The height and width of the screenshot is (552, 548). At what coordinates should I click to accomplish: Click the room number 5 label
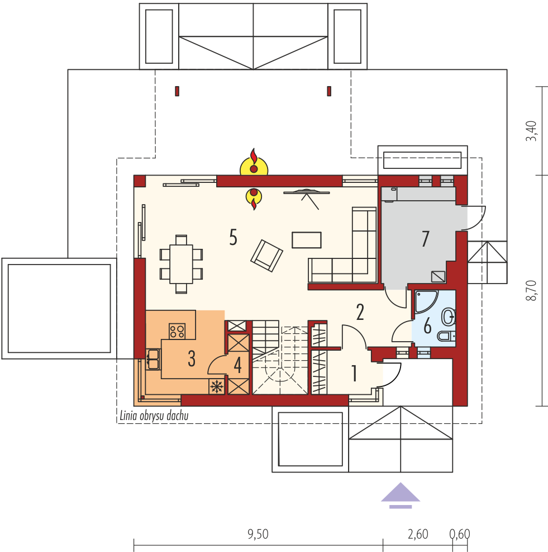[233, 238]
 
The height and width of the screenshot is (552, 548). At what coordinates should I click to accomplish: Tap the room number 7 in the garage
[425, 239]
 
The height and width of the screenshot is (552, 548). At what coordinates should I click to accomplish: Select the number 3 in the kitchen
[191, 359]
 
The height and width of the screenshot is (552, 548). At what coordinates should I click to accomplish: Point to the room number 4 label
[237, 366]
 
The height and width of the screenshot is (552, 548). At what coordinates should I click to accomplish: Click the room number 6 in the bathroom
[427, 325]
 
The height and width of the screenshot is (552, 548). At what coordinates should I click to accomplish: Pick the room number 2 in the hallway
[360, 312]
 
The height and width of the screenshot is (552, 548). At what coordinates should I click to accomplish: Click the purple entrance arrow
[400, 495]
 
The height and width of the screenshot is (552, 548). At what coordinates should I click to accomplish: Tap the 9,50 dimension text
[258, 534]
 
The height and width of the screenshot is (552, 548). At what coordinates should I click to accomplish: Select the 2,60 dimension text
[417, 534]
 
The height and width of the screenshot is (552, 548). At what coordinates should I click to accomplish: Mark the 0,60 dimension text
[460, 534]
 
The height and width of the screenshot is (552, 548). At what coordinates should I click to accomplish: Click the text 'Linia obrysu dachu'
[154, 416]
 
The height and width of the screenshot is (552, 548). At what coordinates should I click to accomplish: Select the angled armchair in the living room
[266, 256]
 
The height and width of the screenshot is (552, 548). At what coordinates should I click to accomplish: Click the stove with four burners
[178, 331]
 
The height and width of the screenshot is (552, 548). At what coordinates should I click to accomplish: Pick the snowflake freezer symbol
[216, 386]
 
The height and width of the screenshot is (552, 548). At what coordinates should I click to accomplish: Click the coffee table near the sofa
[307, 239]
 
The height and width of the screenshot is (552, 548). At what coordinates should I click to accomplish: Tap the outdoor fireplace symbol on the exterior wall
[254, 163]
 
